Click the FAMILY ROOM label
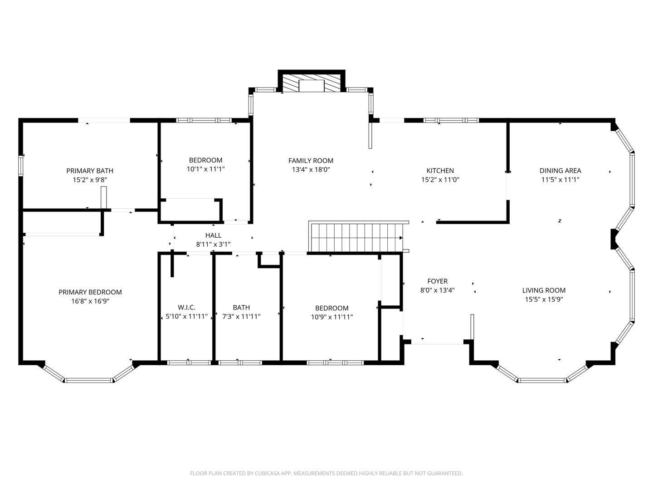[311, 161]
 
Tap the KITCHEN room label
[440, 171]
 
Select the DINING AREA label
[560, 171]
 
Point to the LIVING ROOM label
[544, 290]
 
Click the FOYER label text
[437, 281]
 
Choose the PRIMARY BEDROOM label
[90, 292]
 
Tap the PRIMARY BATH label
[90, 171]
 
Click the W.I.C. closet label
[186, 307]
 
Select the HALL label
[213, 235]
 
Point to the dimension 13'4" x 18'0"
[311, 170]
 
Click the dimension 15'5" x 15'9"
[544, 299]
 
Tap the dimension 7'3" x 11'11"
[241, 316]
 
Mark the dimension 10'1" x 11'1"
[205, 169]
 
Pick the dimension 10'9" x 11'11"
[331, 317]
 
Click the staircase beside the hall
[357, 237]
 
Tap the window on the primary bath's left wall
[20, 166]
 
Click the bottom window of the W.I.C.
[189, 363]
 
